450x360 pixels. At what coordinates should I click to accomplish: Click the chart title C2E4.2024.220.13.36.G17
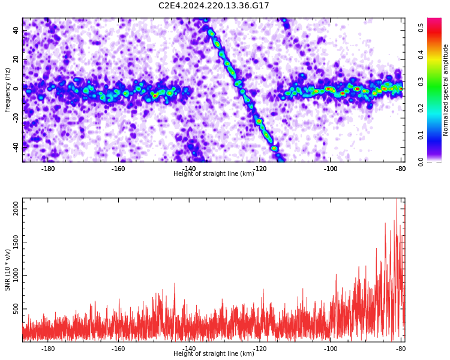214,5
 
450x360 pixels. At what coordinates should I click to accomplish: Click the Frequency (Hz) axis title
7,90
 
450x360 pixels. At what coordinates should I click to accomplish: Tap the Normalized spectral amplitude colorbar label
445,90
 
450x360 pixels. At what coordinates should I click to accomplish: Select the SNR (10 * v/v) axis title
7,270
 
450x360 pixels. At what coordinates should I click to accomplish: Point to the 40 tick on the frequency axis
16,30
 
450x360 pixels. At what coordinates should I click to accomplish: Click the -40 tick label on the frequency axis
16,147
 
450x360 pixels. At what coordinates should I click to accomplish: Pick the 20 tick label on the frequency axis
16,59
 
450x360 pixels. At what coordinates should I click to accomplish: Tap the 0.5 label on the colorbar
421,28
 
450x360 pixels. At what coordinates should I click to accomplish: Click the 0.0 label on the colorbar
421,162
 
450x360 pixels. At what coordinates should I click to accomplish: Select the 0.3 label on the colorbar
421,82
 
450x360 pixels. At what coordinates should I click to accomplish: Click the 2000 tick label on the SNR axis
16,209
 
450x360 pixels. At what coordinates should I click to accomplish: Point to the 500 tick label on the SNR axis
16,309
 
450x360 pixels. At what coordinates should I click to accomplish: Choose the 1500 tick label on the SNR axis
16,242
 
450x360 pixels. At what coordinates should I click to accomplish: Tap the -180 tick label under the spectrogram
48,169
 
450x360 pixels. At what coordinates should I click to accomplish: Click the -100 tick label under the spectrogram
331,169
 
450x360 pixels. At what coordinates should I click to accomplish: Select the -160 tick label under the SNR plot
119,349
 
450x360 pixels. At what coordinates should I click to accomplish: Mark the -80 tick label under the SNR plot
401,349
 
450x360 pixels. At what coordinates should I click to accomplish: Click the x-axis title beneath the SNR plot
214,353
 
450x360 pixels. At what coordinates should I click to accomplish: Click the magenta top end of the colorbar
434,19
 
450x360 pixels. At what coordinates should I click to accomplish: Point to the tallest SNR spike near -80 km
397,199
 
